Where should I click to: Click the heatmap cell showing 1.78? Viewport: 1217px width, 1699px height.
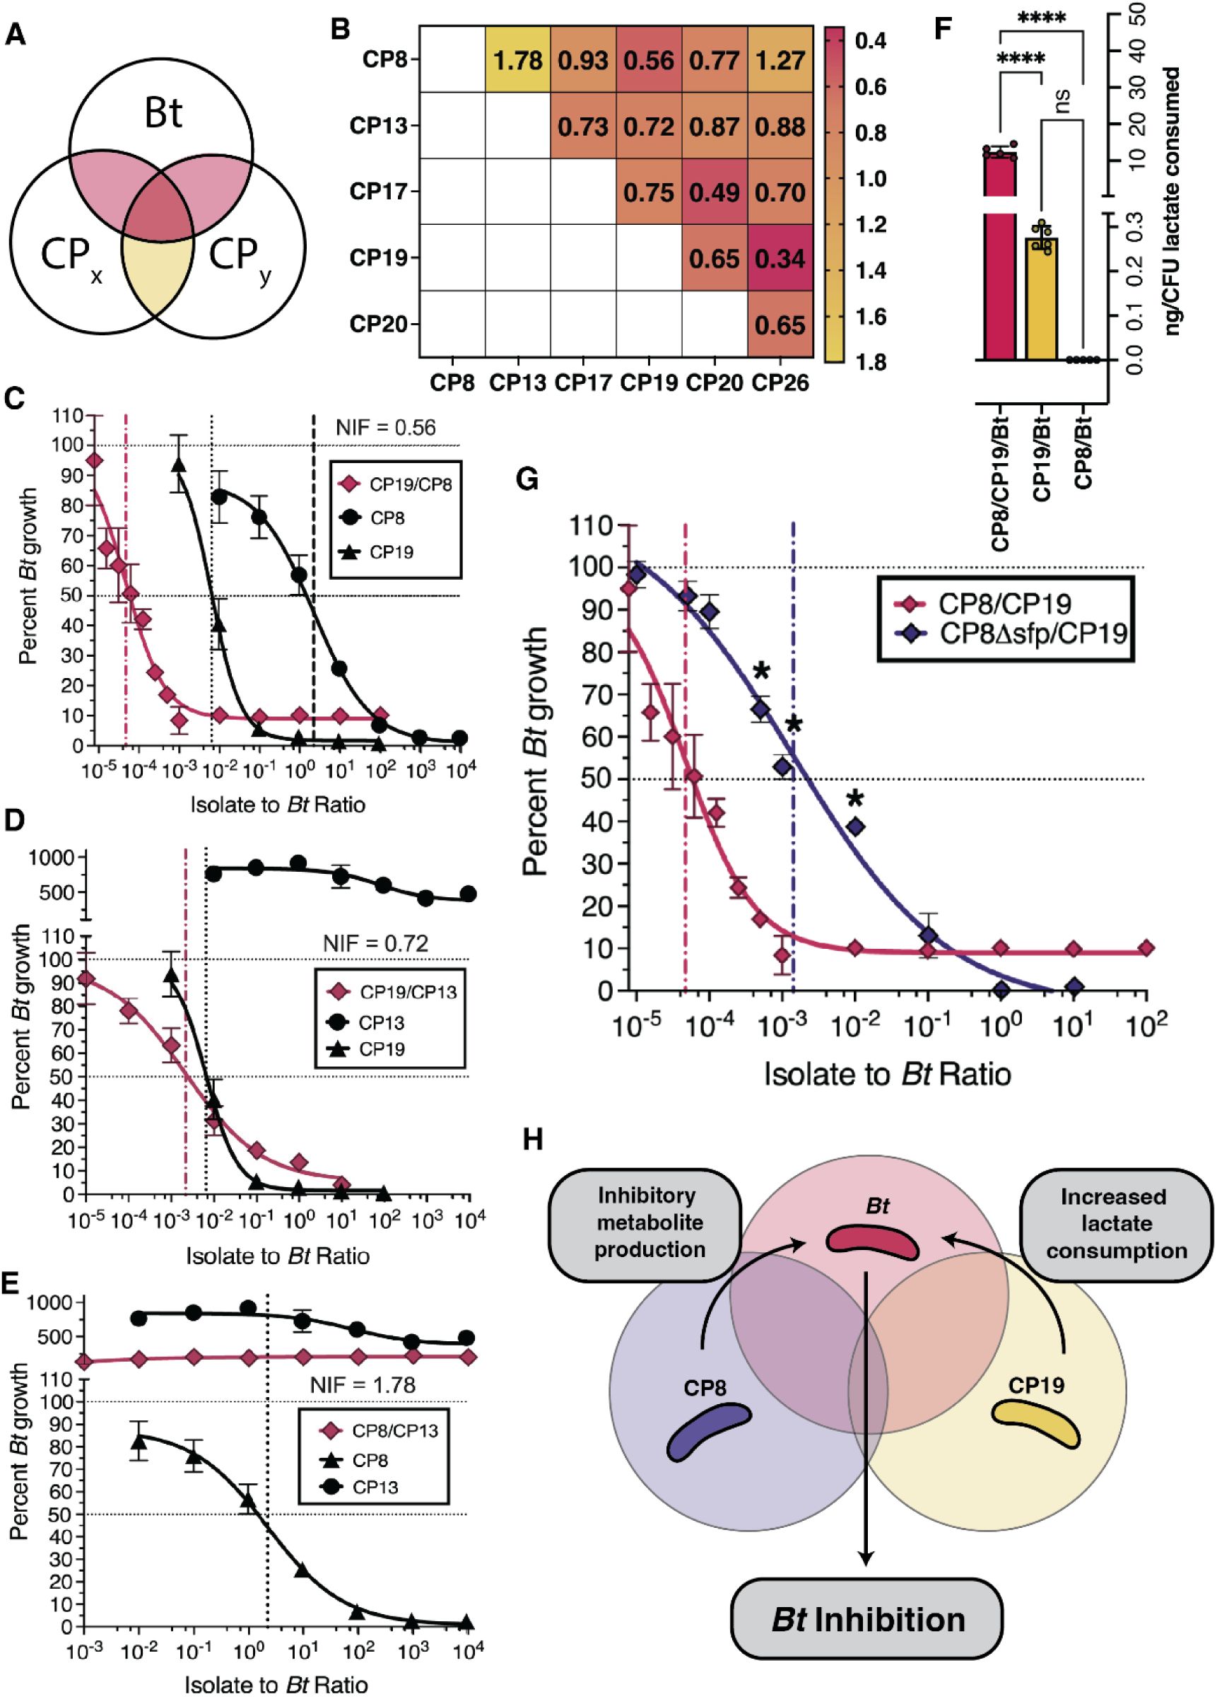517,59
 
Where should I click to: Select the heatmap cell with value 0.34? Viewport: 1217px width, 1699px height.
780,259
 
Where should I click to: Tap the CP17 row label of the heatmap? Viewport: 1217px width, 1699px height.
377,192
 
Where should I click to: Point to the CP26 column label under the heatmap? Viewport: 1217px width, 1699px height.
780,383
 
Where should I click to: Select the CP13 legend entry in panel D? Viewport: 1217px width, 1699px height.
382,1022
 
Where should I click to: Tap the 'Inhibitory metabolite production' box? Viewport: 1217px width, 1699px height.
645,1222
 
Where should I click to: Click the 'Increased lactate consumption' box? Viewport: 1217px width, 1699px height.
1116,1223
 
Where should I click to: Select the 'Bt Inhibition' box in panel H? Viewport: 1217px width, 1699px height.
867,1640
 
